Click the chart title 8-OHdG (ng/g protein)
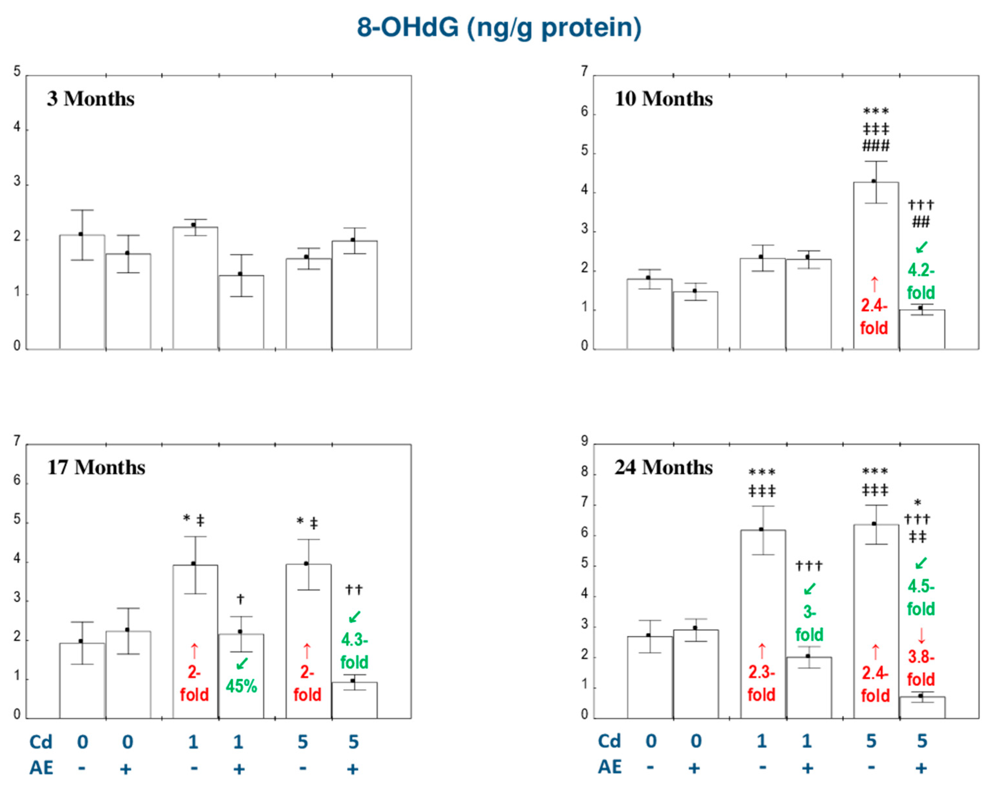pyautogui.click(x=499, y=28)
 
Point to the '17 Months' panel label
pyautogui.click(x=96, y=467)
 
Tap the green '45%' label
pyautogui.click(x=241, y=686)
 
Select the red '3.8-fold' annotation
pyautogui.click(x=921, y=668)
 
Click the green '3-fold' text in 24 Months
pyautogui.click(x=809, y=623)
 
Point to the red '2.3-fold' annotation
pyautogui.click(x=761, y=683)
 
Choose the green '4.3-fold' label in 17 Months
pyautogui.click(x=354, y=651)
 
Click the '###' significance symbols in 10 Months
pyautogui.click(x=875, y=146)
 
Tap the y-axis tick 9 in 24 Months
pyautogui.click(x=584, y=441)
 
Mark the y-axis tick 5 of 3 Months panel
pyautogui.click(x=17, y=72)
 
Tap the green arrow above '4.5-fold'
pyautogui.click(x=921, y=563)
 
